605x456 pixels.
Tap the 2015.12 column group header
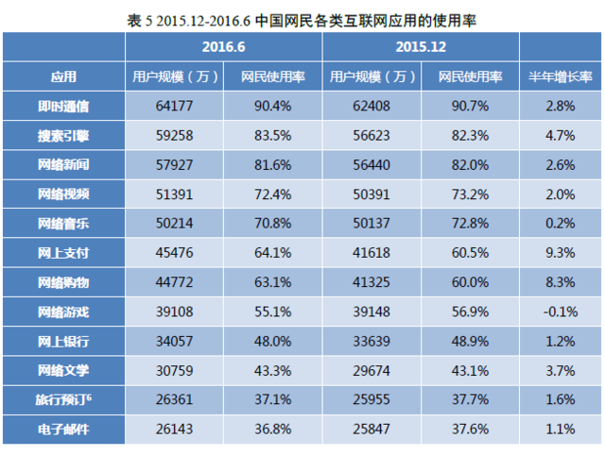422,45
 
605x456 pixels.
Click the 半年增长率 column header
561,76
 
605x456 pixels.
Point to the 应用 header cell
63,76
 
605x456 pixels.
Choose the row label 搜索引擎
63,135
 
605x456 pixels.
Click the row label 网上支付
63,253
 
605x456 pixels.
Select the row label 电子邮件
63,430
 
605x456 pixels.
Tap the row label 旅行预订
63,400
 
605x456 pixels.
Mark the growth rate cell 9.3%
561,253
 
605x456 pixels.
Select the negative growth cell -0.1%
561,312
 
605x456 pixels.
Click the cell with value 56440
371,164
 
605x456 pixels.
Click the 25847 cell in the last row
371,430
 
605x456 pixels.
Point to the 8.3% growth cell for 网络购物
561,282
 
